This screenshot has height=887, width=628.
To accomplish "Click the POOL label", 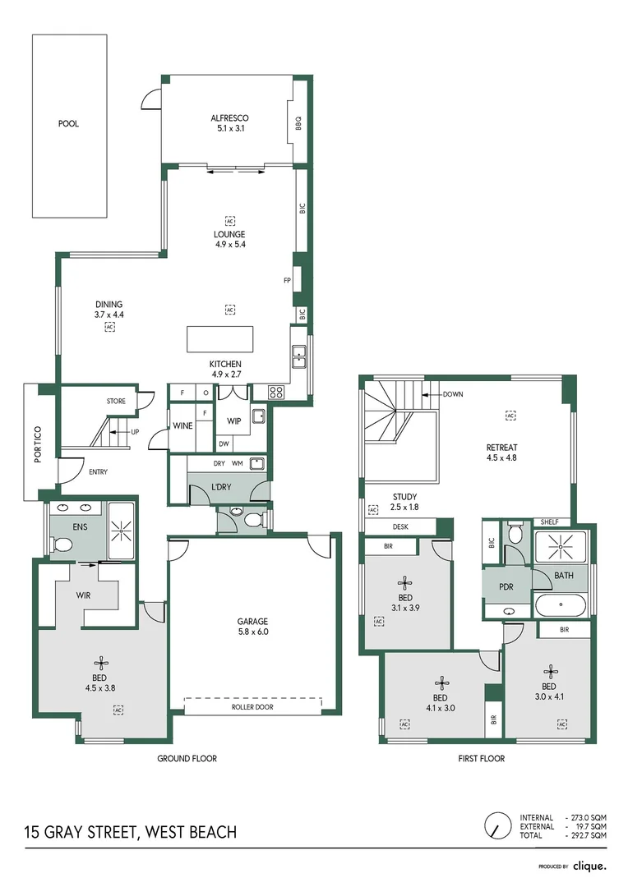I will tap(68, 125).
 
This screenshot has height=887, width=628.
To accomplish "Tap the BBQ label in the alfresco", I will tap(299, 123).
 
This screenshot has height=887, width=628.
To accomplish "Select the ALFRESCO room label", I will tap(229, 118).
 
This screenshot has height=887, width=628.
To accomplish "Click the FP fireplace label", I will tap(287, 281).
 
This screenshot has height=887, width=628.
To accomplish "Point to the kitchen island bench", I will tap(219, 339).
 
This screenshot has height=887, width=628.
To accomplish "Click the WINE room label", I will tap(182, 425).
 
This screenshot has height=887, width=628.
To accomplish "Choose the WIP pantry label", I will tap(234, 421).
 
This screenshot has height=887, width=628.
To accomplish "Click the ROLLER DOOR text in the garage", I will tap(253, 706).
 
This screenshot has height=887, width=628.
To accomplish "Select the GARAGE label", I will tap(253, 622).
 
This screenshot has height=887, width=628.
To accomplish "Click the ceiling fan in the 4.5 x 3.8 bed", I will tap(102, 661).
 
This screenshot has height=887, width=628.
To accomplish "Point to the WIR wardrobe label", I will tap(84, 595).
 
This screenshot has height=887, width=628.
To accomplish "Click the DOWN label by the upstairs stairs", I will tap(452, 394).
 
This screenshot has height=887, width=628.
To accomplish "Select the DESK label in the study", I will tap(400, 527).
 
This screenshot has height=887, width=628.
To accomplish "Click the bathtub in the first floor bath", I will tap(561, 605).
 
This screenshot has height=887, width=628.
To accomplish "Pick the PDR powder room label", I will tap(506, 588).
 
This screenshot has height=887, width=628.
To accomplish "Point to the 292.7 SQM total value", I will tap(589, 835).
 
